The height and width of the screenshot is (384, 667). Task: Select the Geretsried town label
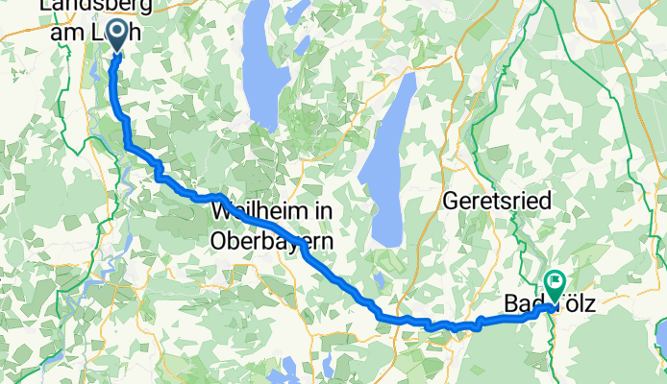[494, 202]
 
